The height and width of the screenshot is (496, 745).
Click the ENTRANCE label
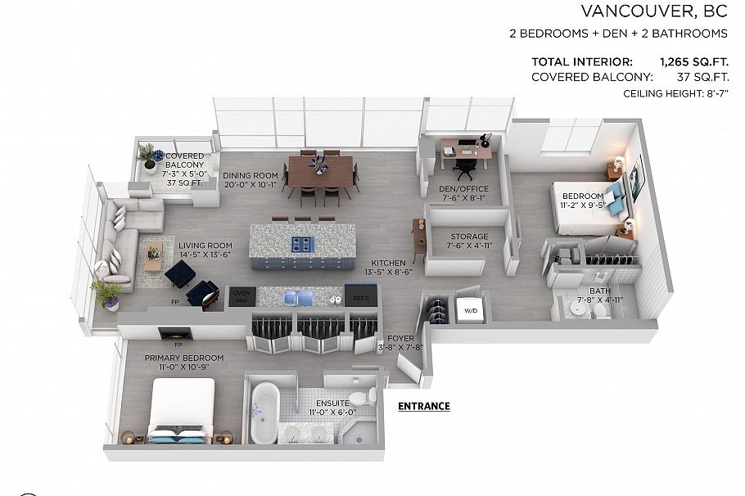[423, 406]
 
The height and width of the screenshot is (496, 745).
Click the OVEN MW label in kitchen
[241, 297]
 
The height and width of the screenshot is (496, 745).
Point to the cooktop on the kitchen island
[302, 245]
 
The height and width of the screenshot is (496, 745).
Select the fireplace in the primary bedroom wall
[175, 333]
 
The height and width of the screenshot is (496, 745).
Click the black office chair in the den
[465, 167]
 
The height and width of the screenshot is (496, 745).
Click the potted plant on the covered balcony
[150, 157]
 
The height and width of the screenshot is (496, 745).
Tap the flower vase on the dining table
[318, 165]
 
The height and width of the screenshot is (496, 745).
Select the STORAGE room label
[467, 237]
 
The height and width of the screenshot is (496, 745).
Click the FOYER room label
[400, 337]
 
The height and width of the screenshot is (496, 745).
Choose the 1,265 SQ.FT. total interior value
[693, 61]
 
